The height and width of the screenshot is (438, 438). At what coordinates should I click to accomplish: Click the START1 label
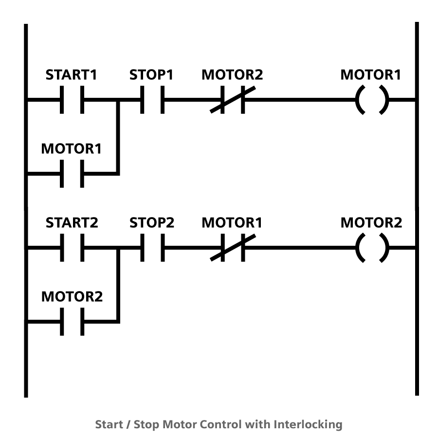72,75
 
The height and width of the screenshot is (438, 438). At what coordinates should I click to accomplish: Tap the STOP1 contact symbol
152,100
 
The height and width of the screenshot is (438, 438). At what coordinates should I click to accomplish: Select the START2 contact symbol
72,248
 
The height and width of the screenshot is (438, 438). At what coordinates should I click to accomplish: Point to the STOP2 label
152,223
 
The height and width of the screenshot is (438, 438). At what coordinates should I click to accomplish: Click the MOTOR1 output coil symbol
372,100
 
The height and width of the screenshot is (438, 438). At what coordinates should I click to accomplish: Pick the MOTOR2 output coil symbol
372,248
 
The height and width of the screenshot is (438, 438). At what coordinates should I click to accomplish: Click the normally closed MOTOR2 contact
232,100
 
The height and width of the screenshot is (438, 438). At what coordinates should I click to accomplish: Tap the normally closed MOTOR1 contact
232,248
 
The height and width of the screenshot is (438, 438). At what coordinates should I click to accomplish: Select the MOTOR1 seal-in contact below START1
72,173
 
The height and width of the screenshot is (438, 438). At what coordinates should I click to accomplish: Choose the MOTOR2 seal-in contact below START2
72,321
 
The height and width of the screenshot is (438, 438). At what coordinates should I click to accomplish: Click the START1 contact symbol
72,100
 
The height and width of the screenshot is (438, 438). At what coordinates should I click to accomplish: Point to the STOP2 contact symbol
152,248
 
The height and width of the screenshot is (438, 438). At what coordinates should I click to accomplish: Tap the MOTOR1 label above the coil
371,75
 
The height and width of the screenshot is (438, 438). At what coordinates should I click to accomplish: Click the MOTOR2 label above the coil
371,223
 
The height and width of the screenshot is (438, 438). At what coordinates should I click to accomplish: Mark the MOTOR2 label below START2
72,296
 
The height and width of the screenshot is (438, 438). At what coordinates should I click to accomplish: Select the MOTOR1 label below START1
72,149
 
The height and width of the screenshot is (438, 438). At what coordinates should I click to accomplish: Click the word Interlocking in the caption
308,424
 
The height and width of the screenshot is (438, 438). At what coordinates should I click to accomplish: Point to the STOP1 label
151,75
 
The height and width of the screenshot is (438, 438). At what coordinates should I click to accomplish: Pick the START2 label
72,223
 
